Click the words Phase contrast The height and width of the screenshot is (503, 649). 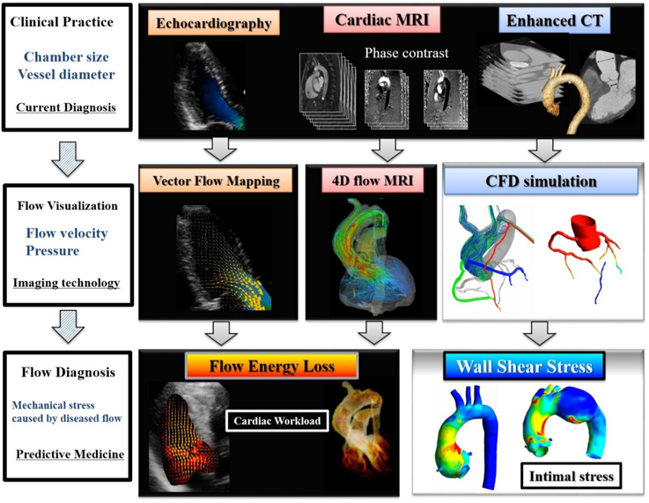[x=407, y=53]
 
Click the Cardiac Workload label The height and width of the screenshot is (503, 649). [x=277, y=421]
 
